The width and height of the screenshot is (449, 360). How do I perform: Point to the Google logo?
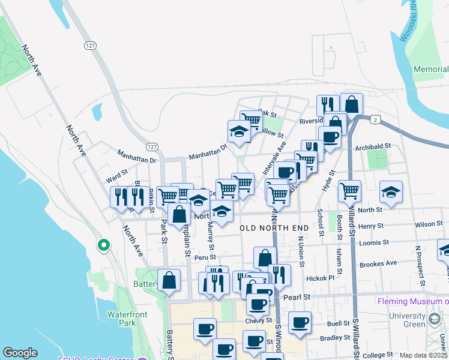click(20, 353)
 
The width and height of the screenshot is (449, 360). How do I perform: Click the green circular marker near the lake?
click(104, 245)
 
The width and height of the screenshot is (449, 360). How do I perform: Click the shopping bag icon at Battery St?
click(169, 280)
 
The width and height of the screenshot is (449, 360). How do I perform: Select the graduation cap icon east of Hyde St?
click(391, 191)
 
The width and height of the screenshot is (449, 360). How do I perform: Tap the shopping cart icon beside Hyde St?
click(349, 191)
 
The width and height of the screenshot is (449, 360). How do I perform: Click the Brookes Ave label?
click(378, 264)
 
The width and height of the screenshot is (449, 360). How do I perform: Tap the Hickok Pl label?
click(321, 278)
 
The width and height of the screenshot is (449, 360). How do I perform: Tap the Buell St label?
click(339, 323)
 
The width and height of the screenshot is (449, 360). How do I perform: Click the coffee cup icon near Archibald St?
click(330, 137)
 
